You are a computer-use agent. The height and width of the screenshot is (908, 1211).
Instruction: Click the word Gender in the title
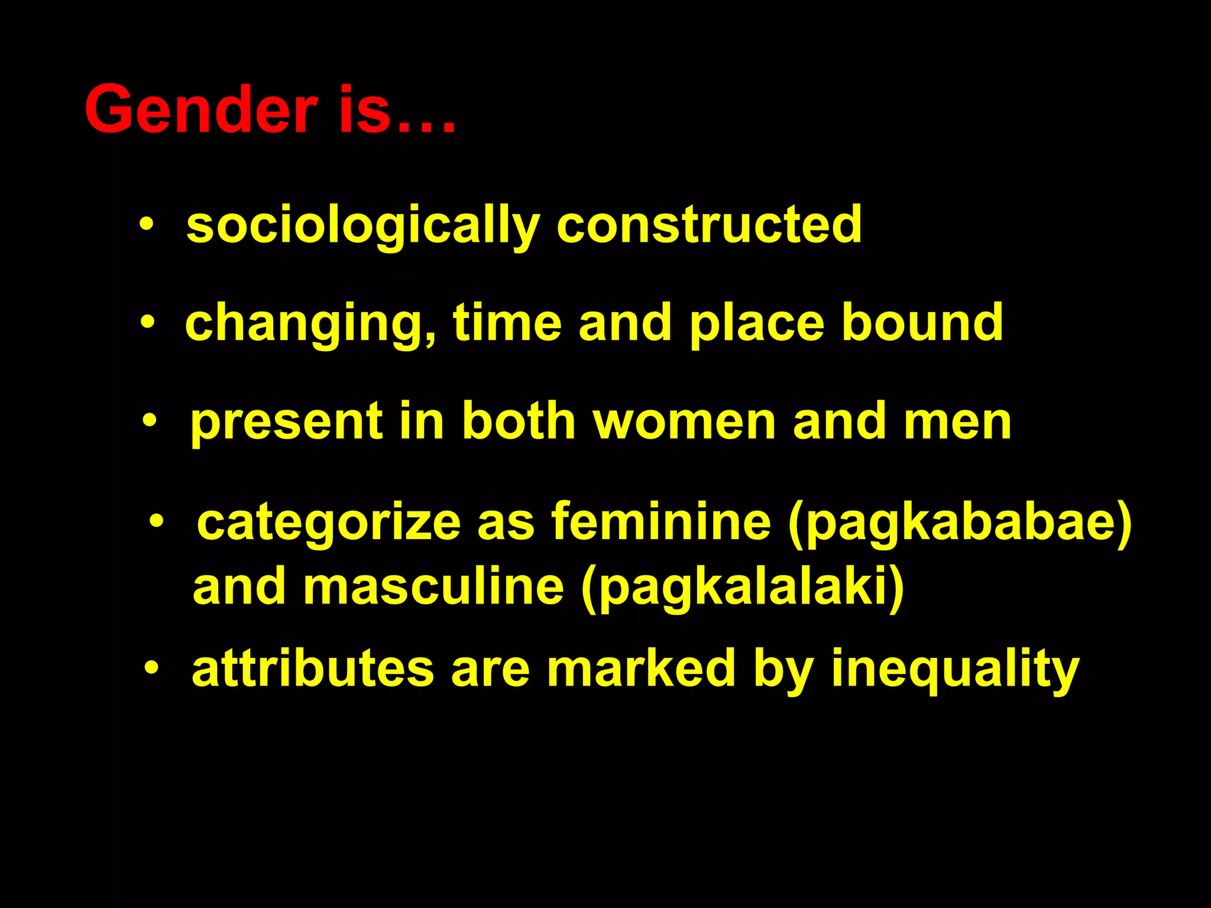click(201, 110)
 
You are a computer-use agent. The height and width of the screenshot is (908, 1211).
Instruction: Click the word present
click(286, 422)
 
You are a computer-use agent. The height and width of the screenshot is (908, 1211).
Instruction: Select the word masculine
click(434, 587)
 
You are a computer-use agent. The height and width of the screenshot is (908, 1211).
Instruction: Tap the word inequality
click(955, 670)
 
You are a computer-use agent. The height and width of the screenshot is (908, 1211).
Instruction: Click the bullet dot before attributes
click(152, 669)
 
